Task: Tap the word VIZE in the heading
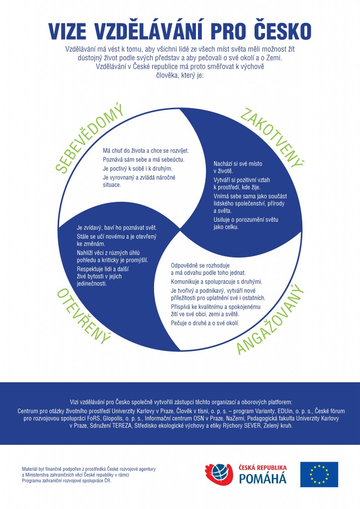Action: coord(67,31)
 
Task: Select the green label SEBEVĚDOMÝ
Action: coord(89,138)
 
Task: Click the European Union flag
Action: coord(319,474)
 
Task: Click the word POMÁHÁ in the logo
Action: coord(263,478)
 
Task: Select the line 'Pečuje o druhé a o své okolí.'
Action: coord(205,323)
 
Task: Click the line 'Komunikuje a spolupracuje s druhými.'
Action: coord(216,281)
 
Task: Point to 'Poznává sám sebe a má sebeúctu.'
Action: coord(144,160)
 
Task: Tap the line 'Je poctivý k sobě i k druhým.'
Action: coord(138,169)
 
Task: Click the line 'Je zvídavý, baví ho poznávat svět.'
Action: coord(117,228)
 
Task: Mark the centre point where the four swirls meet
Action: coord(180,230)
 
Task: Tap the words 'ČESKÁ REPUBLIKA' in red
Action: coord(263,467)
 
